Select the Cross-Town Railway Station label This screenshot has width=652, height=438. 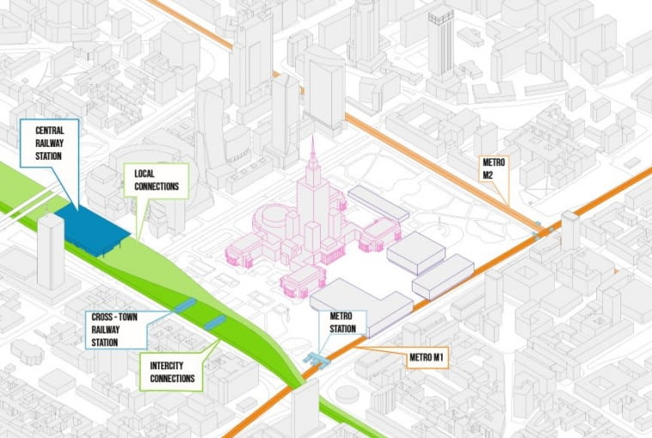[x=116, y=330]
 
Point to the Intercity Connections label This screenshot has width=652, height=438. [x=170, y=372]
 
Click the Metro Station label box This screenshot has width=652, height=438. [x=343, y=323]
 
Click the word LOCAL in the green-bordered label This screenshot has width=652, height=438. [x=145, y=173]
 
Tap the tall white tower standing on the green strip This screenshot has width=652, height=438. [x=51, y=251]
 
